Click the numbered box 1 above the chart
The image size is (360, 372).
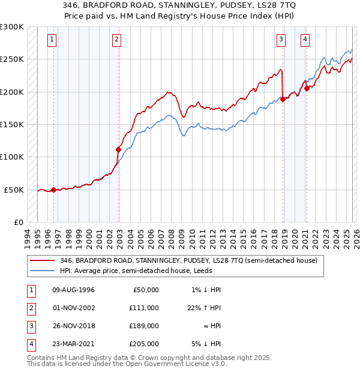(52, 40)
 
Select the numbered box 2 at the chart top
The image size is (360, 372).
(116, 40)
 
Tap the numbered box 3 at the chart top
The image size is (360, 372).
(281, 40)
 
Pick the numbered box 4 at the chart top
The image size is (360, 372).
(305, 40)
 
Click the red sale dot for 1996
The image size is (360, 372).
(54, 190)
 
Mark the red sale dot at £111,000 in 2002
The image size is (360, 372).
(119, 149)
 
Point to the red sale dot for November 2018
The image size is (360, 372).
(283, 100)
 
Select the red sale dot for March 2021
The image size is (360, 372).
(307, 88)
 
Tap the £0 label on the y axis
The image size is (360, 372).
(19, 222)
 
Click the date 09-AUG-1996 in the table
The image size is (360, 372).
(74, 290)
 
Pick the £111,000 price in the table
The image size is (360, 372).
(144, 308)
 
